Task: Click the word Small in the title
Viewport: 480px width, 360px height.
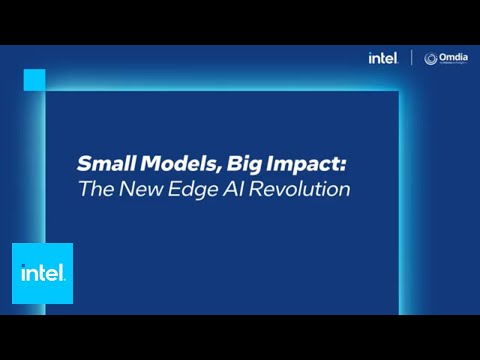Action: point(99,163)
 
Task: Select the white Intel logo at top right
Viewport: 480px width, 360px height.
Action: point(383,59)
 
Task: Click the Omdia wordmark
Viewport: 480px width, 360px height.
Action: point(451,58)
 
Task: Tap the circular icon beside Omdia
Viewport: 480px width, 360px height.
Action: point(431,59)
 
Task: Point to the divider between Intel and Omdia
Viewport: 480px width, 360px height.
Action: point(411,58)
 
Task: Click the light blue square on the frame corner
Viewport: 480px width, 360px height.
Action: point(34,80)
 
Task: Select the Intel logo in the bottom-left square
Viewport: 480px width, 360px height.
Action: point(42,273)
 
